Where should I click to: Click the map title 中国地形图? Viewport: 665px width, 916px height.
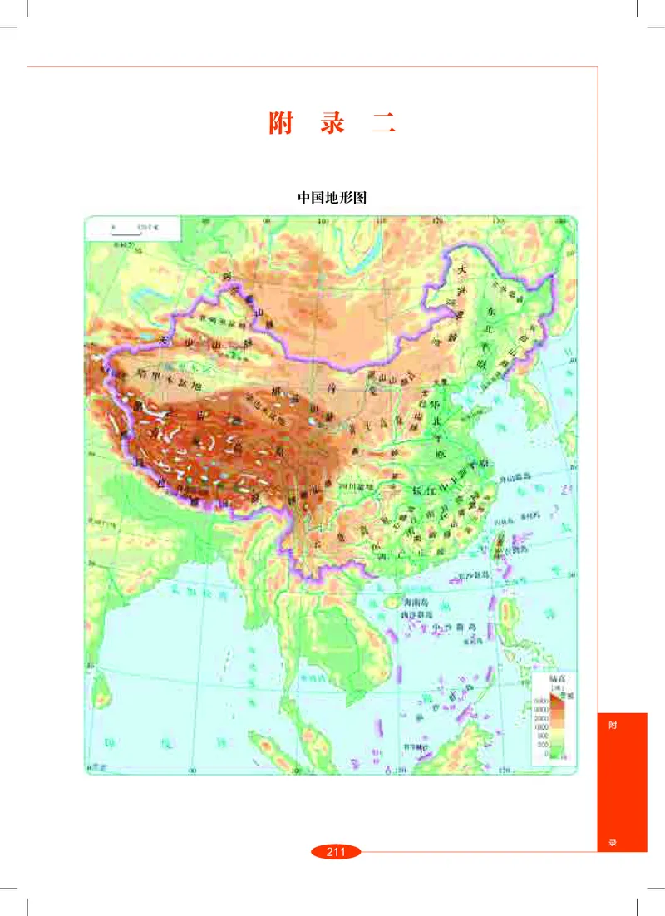[x=332, y=199]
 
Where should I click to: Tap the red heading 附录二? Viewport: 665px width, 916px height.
[x=332, y=123]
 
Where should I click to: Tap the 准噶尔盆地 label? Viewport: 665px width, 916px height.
[x=207, y=319]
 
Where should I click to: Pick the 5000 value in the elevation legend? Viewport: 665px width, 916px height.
[x=539, y=703]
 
